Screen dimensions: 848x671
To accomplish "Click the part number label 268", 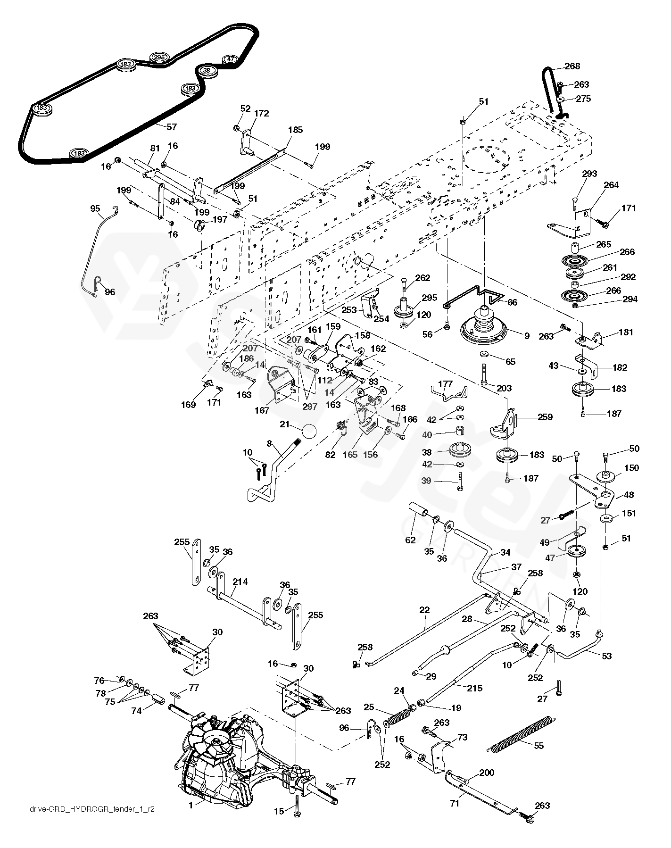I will (x=572, y=67).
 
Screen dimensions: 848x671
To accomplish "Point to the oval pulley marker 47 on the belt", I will (x=230, y=59).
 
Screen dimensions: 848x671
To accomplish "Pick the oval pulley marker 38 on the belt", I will (x=207, y=71).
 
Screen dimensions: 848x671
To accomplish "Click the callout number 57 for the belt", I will (x=172, y=126).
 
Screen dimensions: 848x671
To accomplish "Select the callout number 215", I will (x=474, y=688).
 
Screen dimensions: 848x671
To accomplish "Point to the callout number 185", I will (x=295, y=130).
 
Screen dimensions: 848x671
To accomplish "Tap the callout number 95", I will (x=95, y=208).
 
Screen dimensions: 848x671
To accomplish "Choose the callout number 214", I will (x=240, y=582).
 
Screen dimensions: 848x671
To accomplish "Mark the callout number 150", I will (x=631, y=468).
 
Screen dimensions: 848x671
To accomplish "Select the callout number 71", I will (x=455, y=804).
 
